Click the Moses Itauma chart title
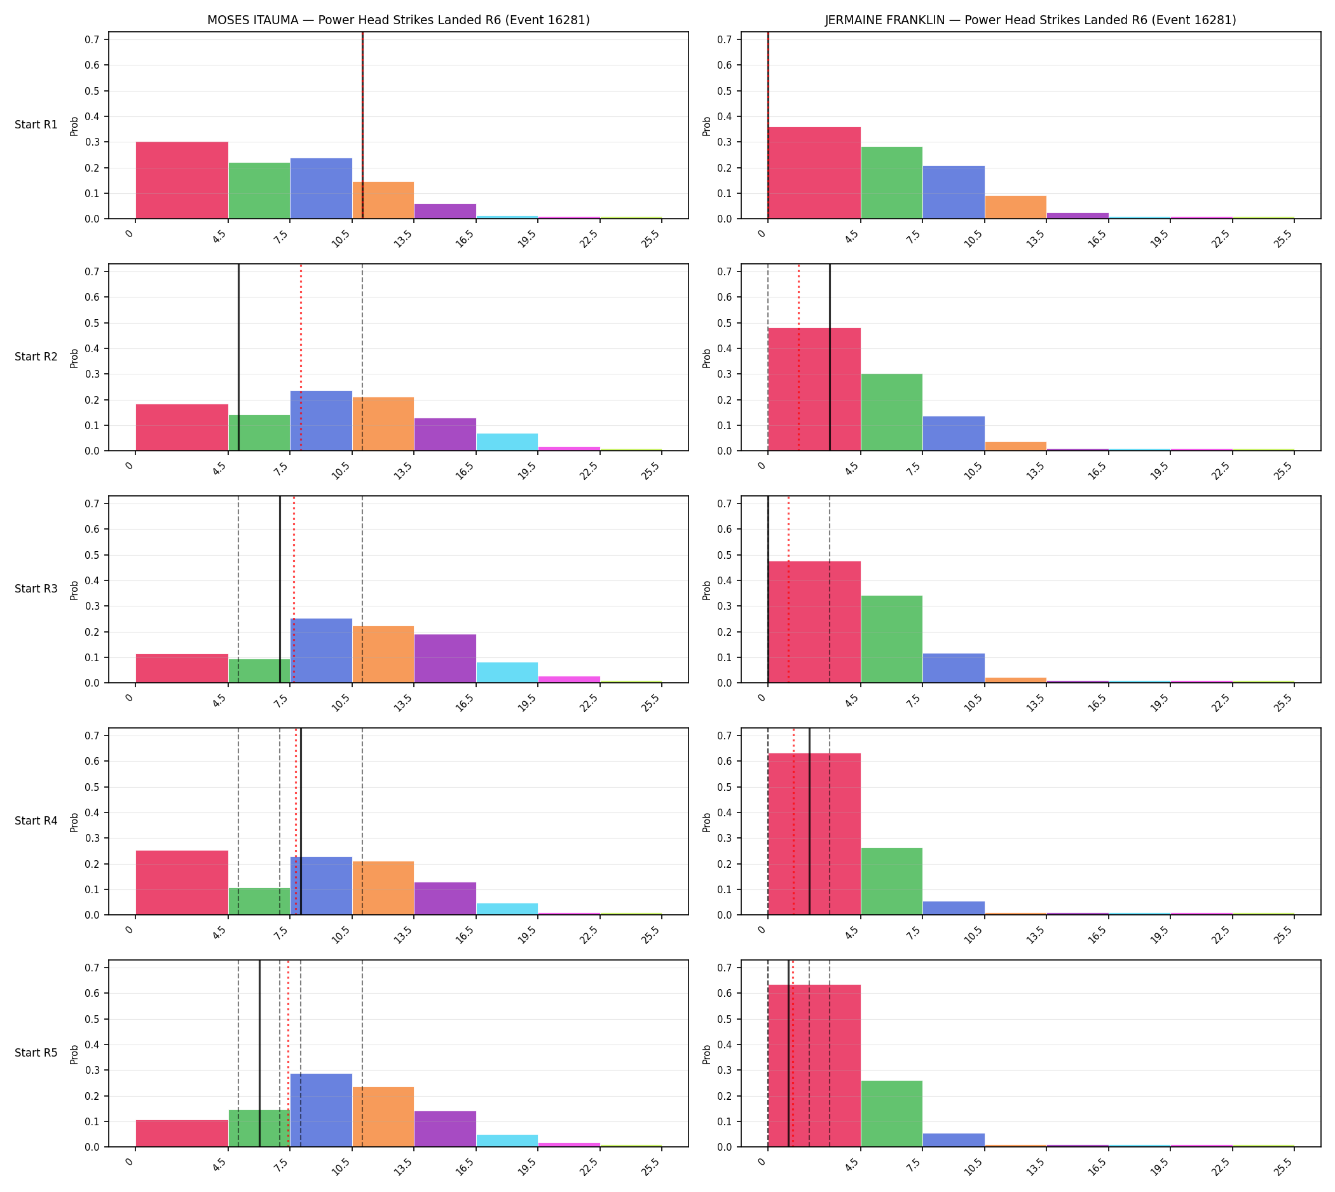(398, 20)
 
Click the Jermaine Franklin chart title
(1030, 20)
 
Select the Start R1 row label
(36, 125)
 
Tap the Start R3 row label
(36, 589)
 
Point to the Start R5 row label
(36, 1053)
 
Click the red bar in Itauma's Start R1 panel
(182, 180)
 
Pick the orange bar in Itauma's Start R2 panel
(383, 425)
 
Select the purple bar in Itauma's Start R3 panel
(446, 658)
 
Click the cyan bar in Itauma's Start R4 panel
(507, 909)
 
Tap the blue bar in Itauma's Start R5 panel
(321, 1110)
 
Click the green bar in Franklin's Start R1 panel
(891, 182)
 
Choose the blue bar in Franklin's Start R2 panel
(954, 434)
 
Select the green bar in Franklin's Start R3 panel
(891, 639)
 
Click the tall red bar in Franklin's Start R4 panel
(814, 834)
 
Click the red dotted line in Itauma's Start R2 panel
(301, 357)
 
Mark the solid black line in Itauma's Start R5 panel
(259, 1054)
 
